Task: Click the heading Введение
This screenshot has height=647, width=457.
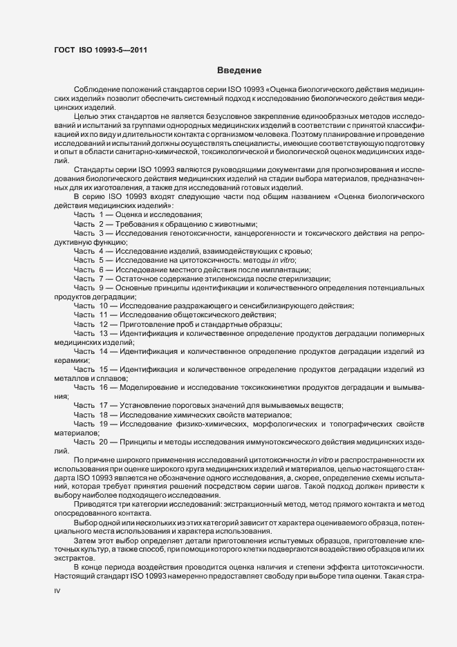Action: click(239, 71)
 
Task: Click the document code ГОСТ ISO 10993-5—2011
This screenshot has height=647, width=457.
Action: click(100, 49)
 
